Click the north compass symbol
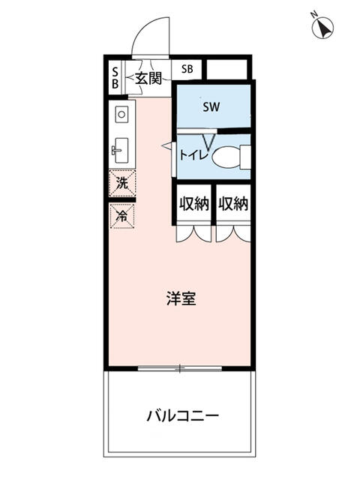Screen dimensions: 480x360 tap(323, 28)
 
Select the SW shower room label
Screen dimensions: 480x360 tap(211, 106)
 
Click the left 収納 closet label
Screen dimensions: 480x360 tap(193, 204)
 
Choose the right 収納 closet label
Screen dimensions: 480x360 tap(233, 204)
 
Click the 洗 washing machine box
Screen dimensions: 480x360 tap(121, 181)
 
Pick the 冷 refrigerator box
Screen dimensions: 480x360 tap(121, 214)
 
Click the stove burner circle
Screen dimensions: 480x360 tap(121, 115)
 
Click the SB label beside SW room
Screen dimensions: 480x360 tap(187, 69)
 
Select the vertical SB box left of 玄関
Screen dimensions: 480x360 tap(115, 77)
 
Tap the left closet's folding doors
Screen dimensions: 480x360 tap(193, 232)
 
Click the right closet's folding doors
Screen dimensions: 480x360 tap(233, 232)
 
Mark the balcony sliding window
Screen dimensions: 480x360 tap(180, 368)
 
